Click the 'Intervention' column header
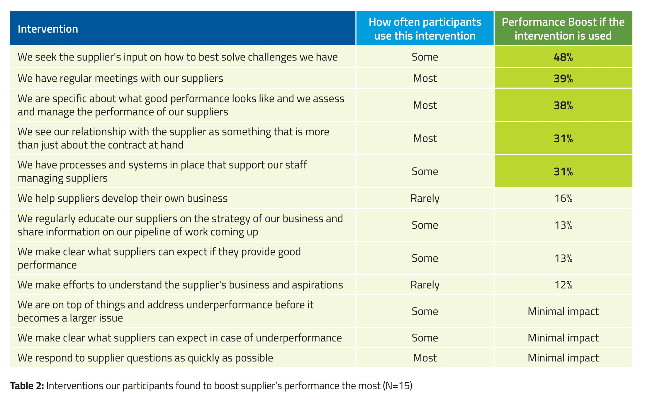pyautogui.click(x=48, y=29)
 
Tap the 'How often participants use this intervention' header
pyautogui.click(x=425, y=29)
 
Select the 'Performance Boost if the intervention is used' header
pyautogui.click(x=563, y=29)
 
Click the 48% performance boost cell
pyautogui.click(x=563, y=57)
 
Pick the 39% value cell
pyautogui.click(x=563, y=78)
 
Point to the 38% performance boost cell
pyautogui.click(x=563, y=105)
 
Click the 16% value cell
pyautogui.click(x=563, y=198)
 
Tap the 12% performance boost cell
pyautogui.click(x=563, y=285)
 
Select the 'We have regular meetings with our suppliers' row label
pyautogui.click(x=120, y=78)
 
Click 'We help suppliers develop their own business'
pyautogui.click(x=123, y=198)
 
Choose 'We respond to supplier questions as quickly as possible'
pyautogui.click(x=145, y=358)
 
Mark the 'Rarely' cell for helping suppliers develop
pyautogui.click(x=425, y=198)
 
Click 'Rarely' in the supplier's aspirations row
pyautogui.click(x=425, y=285)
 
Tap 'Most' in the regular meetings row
pyautogui.click(x=425, y=78)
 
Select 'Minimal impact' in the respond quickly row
pyautogui.click(x=563, y=358)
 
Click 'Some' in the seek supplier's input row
pyautogui.click(x=425, y=57)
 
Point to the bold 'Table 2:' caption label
pyautogui.click(x=27, y=386)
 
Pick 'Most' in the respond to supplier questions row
pyautogui.click(x=425, y=358)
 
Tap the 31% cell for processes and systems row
pyautogui.click(x=563, y=171)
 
